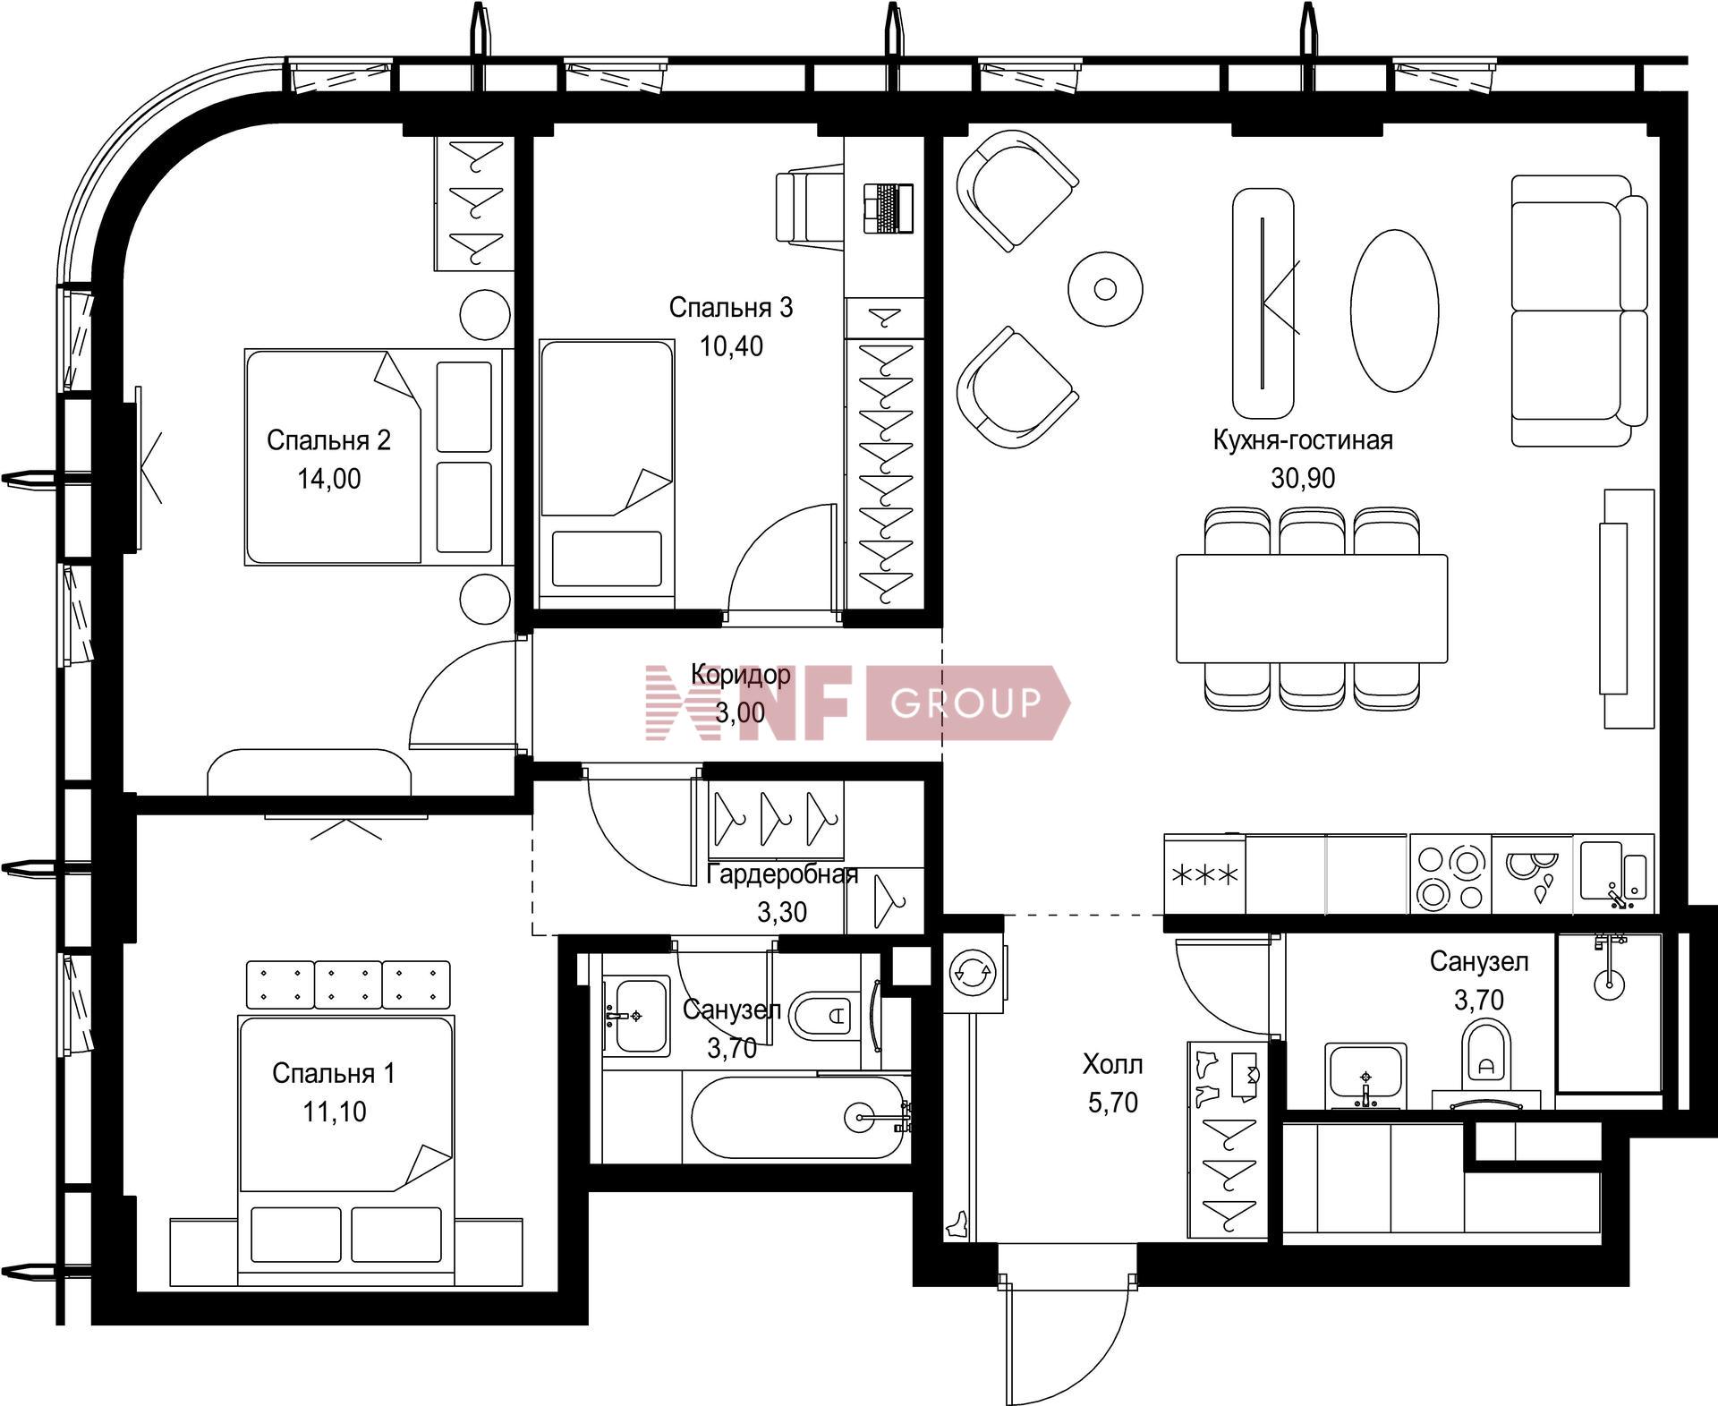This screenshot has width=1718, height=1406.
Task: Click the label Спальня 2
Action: tap(328, 440)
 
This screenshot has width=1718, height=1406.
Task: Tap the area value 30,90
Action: tap(1303, 478)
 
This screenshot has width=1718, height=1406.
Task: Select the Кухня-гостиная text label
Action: tap(1303, 440)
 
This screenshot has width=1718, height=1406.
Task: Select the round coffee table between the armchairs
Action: tap(1105, 289)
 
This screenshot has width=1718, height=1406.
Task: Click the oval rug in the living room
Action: tap(1394, 310)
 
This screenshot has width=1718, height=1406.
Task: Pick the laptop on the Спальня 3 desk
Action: tap(888, 208)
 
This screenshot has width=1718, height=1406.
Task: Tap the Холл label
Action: tap(1112, 1064)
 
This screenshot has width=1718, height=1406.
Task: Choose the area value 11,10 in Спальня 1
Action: tap(334, 1112)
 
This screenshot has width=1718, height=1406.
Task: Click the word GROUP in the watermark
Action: tap(966, 703)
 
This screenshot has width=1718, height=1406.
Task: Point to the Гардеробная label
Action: tap(782, 874)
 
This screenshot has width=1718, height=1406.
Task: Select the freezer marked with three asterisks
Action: tap(1204, 874)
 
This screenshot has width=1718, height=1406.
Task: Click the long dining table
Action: tap(1312, 609)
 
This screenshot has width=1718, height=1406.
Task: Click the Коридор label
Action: tap(741, 674)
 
